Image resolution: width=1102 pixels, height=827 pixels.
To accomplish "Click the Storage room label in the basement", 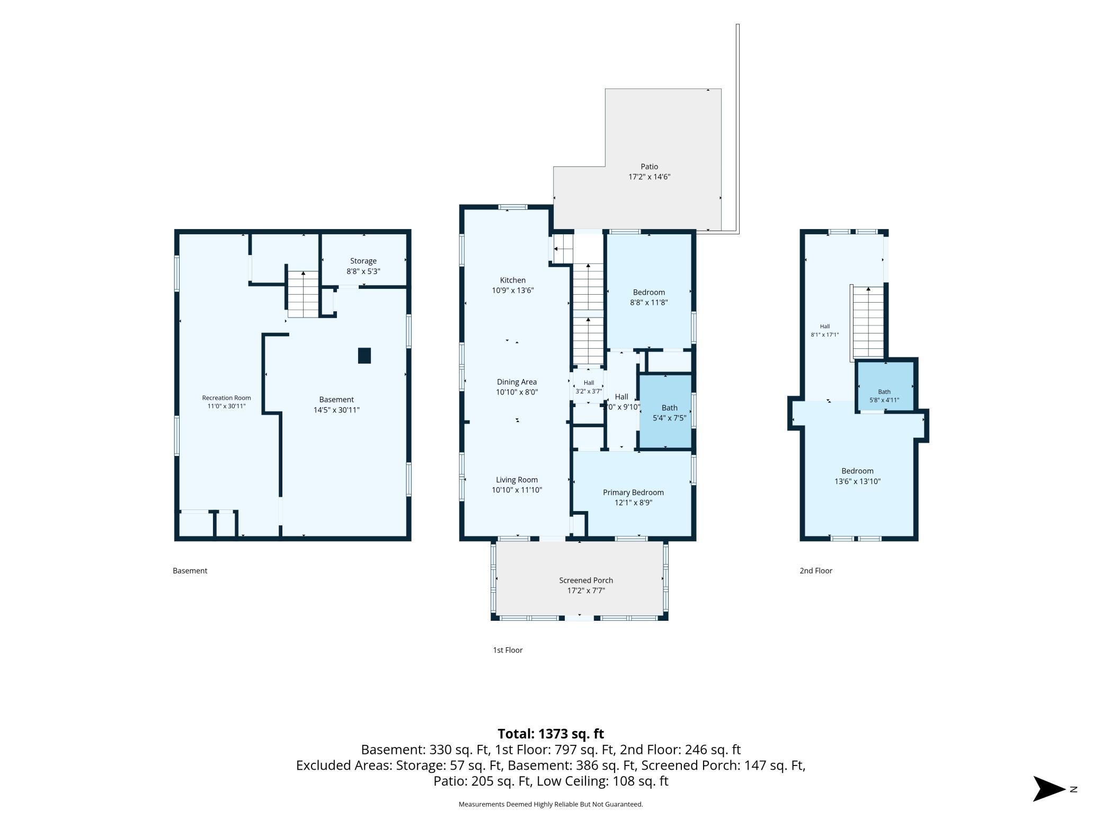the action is [363, 261].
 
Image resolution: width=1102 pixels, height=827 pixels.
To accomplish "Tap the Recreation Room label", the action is [226, 398].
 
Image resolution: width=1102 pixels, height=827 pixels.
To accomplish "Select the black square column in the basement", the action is [364, 355].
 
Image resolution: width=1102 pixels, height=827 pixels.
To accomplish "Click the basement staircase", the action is [303, 294].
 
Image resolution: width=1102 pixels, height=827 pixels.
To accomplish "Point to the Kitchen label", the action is [513, 280].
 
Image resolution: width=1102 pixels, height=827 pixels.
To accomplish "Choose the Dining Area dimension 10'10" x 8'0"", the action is [517, 392].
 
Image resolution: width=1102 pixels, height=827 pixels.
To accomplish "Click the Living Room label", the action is [517, 480].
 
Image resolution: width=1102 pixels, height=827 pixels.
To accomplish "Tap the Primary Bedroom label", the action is [633, 492].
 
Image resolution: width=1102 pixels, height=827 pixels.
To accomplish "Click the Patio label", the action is [650, 166].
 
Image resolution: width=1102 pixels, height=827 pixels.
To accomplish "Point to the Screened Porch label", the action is [586, 580].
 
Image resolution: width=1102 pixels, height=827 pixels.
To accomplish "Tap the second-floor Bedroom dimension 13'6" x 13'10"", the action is [857, 481].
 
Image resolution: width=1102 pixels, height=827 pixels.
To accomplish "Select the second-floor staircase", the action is [868, 322].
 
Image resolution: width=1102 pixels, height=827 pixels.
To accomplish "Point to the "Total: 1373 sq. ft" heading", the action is [550, 734].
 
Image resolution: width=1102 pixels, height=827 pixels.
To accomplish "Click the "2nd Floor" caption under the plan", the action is [816, 570].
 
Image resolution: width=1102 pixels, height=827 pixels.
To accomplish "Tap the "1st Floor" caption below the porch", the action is [508, 650].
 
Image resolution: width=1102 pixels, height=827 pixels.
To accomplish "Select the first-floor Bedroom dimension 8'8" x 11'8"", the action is [648, 303].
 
